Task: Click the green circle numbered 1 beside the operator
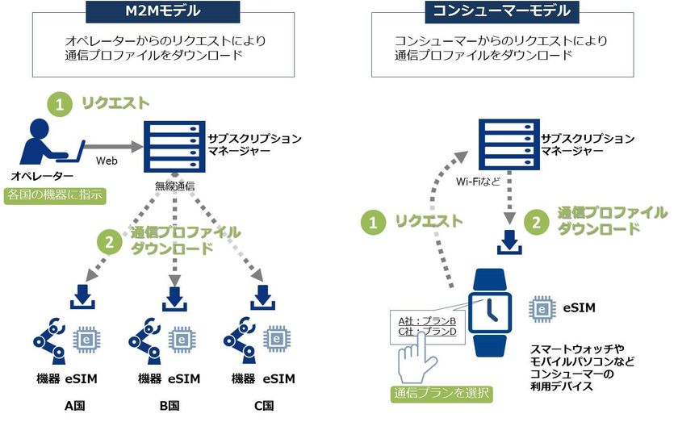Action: click(58, 103)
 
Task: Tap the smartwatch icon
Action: click(491, 310)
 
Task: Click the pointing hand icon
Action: click(418, 358)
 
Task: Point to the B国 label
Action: click(171, 405)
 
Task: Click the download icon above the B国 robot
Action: click(172, 295)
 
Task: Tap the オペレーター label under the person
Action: click(42, 176)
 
